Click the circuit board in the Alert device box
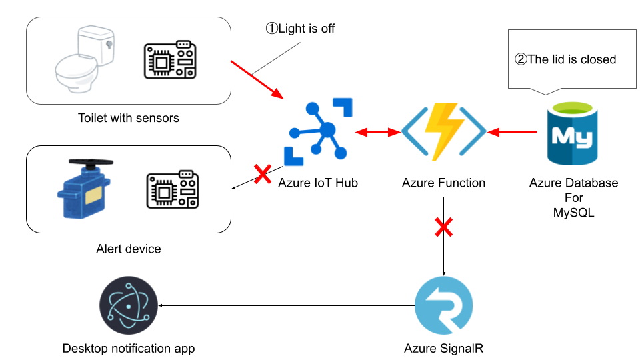click(x=173, y=190)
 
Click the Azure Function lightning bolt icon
click(x=443, y=131)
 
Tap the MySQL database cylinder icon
click(x=573, y=133)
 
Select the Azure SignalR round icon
click(x=443, y=306)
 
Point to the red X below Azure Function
click(x=443, y=228)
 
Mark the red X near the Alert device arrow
click(x=261, y=175)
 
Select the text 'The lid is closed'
click(x=565, y=59)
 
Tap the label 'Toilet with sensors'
click(x=129, y=119)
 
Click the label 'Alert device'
click(x=129, y=249)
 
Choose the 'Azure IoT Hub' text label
click(x=318, y=183)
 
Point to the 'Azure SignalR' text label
click(x=443, y=348)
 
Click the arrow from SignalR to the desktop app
click(x=287, y=306)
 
